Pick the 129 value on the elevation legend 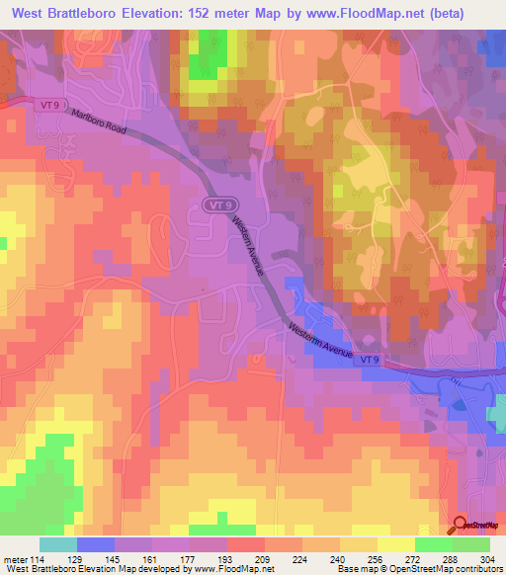[x=77, y=560]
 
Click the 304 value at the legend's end [x=489, y=560]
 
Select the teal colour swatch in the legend [x=57, y=544]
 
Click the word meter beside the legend [x=14, y=560]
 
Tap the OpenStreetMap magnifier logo [x=461, y=526]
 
